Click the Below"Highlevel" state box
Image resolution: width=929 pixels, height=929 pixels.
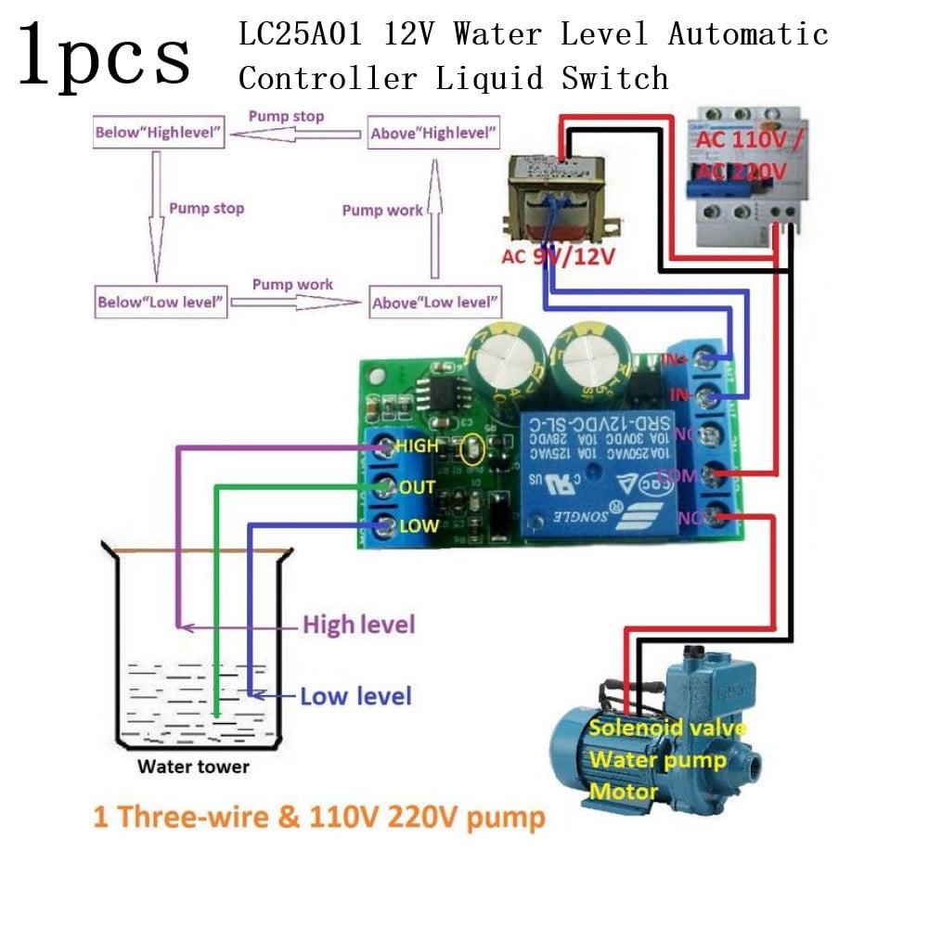160,133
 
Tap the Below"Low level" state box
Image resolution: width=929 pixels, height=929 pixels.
161,303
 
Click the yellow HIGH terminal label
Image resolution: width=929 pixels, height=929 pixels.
417,445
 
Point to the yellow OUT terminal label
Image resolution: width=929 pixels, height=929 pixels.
417,487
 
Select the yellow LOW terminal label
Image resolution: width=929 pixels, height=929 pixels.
418,526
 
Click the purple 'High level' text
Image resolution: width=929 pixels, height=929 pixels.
359,625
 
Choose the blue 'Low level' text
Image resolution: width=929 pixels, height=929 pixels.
355,695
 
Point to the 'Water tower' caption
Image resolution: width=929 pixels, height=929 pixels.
193,767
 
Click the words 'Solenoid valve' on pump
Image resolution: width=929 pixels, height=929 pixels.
666,728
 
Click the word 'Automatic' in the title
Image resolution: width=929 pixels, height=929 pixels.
748,35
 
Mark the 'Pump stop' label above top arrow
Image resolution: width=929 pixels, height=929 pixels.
286,117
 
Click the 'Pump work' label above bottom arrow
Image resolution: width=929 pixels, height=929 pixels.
292,285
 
